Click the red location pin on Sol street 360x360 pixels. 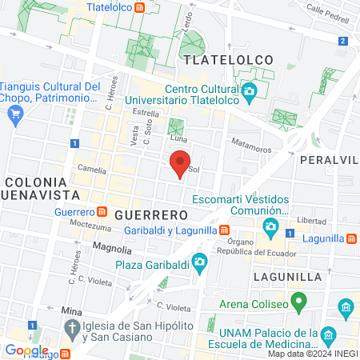[x=180, y=162]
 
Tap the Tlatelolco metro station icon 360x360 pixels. [x=141, y=8]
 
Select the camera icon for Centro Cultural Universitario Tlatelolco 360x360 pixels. [x=250, y=91]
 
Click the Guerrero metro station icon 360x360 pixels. [x=102, y=212]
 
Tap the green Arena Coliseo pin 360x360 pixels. [x=299, y=303]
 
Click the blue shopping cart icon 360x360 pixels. [x=14, y=114]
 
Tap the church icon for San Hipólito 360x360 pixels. [x=72, y=328]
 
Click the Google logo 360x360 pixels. [x=26, y=350]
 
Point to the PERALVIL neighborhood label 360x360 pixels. [x=330, y=160]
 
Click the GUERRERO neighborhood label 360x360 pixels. [x=150, y=215]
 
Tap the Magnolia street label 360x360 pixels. [x=111, y=247]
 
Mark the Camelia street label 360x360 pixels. [x=92, y=169]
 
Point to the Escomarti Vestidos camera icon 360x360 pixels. [x=271, y=230]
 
